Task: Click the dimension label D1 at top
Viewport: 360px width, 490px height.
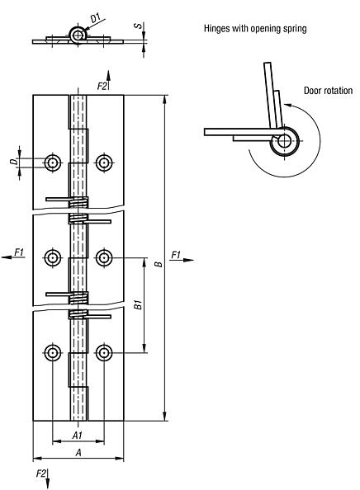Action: [x=96, y=16]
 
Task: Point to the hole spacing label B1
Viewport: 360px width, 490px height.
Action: [x=136, y=305]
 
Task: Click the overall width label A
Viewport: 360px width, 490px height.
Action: [x=78, y=451]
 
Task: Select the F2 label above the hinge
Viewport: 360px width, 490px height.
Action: [x=102, y=85]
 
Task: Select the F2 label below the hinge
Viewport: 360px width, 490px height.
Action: [x=41, y=474]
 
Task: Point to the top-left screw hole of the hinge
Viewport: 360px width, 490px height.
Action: [x=54, y=163]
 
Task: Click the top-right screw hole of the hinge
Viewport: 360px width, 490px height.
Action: [x=103, y=163]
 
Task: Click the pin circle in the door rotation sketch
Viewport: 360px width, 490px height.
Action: [x=283, y=140]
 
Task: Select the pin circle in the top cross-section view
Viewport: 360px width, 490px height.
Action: [x=78, y=34]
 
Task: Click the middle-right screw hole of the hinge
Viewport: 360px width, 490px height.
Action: [x=103, y=258]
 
